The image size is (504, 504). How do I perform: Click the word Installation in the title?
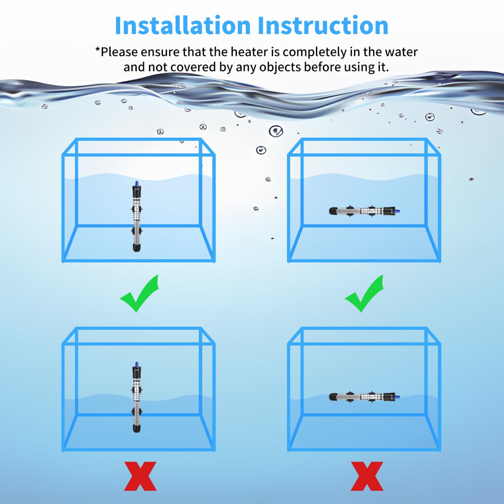click(183, 26)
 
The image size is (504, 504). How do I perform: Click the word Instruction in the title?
click(323, 26)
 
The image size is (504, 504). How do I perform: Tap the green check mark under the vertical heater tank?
click(139, 293)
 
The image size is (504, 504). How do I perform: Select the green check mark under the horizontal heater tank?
click(364, 293)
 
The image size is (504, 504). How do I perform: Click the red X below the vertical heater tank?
click(140, 476)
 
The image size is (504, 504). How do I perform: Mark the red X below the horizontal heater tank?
click(367, 476)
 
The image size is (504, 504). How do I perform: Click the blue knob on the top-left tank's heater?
click(136, 183)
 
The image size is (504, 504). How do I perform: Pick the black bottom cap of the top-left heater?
click(136, 248)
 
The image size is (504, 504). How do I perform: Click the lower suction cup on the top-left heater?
click(136, 231)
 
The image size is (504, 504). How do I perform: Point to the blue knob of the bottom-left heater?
click(136, 365)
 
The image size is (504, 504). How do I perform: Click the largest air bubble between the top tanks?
click(276, 131)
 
